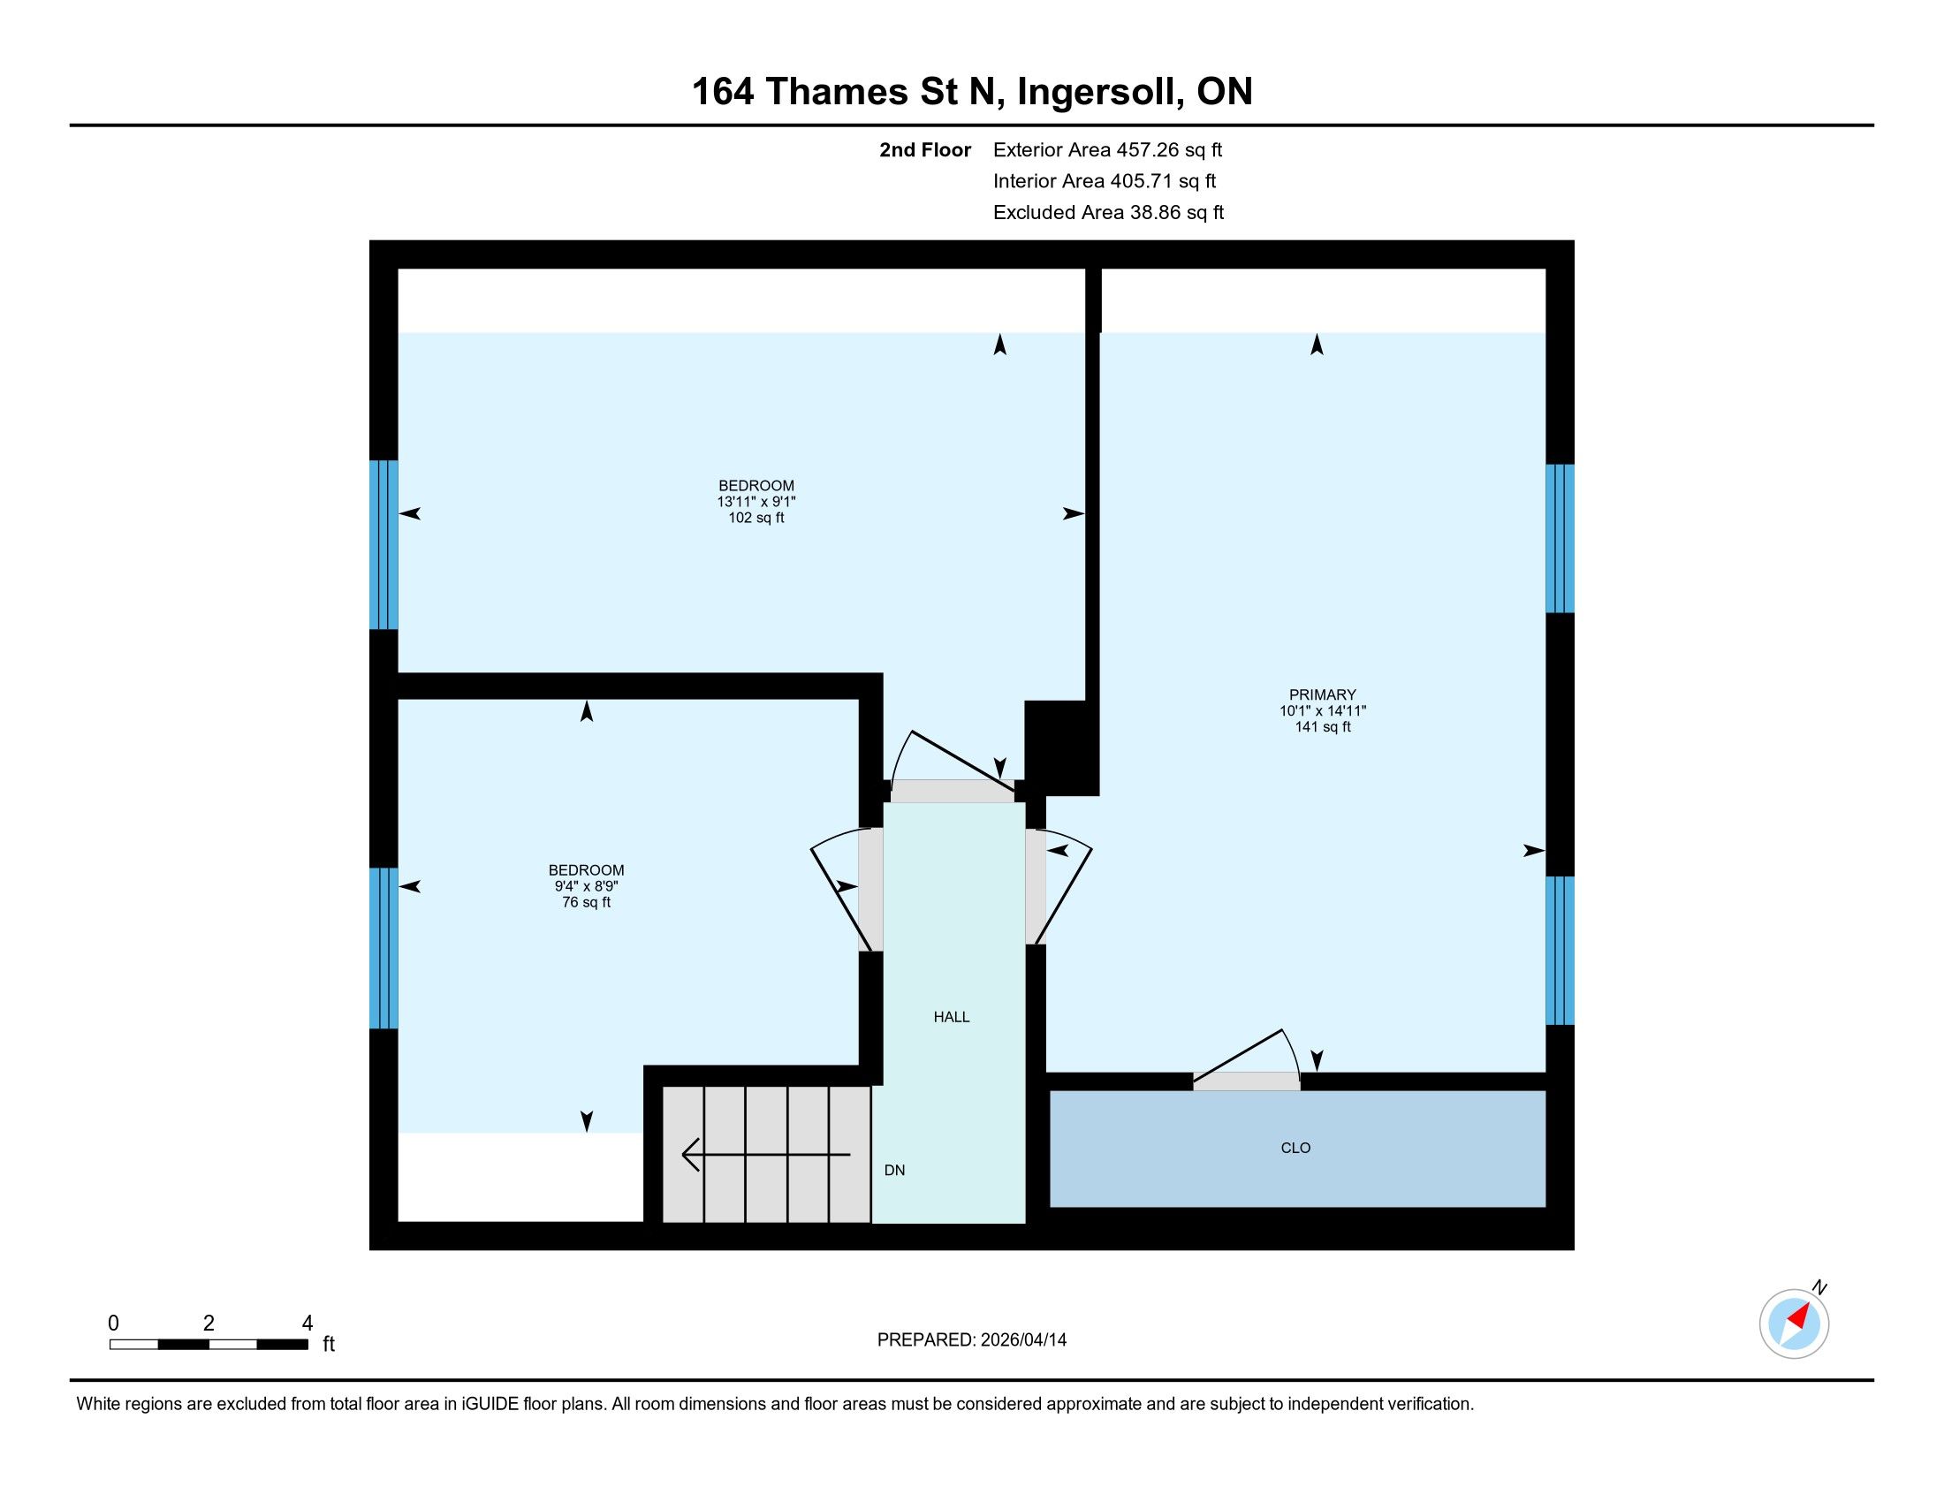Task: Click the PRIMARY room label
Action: (1322, 695)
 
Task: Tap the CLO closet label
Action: (1295, 1148)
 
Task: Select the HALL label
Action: (952, 1017)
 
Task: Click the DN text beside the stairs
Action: (894, 1170)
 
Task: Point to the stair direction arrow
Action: (765, 1155)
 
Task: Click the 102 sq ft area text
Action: (756, 518)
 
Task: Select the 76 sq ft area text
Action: (586, 902)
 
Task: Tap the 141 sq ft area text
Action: (1322, 727)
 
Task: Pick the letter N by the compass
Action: (1820, 1287)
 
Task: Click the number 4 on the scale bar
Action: (308, 1324)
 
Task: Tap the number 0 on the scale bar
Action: (113, 1324)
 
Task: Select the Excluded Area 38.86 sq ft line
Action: (1108, 213)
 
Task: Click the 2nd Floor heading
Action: (925, 150)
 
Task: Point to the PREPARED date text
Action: (971, 1340)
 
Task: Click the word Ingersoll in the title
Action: (1099, 93)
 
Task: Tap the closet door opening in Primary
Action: (1246, 1081)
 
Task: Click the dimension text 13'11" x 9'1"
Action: (756, 502)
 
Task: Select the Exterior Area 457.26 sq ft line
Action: (1107, 150)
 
